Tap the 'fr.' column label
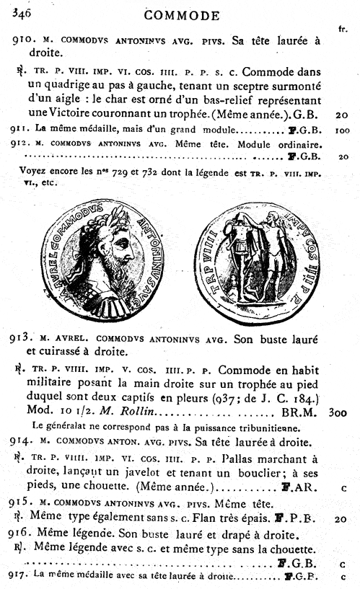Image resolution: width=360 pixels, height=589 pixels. (343, 29)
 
